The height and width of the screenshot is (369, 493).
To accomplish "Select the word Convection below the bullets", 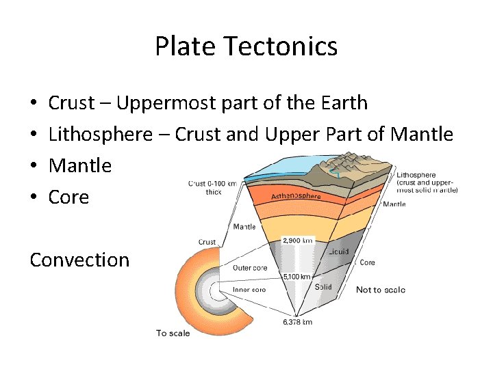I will (79, 260).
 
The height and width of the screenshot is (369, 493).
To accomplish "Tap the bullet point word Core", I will (68, 197).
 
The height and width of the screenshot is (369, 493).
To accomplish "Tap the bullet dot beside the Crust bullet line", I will (34, 104).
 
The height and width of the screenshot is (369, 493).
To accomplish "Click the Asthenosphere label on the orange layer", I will (296, 195).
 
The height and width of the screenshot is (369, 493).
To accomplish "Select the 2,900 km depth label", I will (298, 241).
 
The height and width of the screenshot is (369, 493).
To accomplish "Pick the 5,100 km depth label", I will (297, 277).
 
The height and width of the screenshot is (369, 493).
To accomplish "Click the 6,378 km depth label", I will (298, 321).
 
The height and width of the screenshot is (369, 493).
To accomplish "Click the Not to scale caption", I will (380, 290).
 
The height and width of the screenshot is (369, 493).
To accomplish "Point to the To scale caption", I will (173, 333).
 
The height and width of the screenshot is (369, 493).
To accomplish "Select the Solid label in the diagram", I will (323, 287).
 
